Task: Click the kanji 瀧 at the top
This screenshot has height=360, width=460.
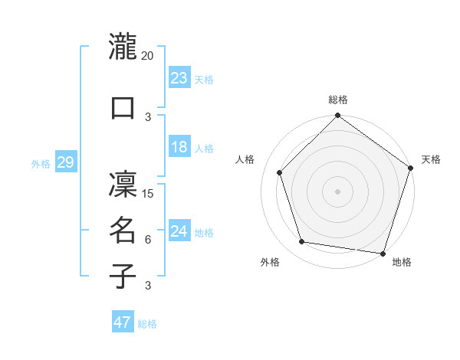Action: (x=123, y=47)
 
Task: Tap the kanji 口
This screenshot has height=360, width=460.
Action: (x=123, y=107)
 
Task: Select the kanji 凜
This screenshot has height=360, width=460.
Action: (x=123, y=183)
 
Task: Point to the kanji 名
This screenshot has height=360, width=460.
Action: (x=123, y=231)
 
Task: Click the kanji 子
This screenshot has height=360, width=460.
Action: (x=123, y=276)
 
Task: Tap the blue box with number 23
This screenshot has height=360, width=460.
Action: (x=179, y=78)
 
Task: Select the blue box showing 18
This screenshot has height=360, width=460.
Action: (x=179, y=147)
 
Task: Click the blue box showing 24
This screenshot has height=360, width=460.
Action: (x=179, y=231)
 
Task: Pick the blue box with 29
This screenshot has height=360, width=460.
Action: (x=66, y=162)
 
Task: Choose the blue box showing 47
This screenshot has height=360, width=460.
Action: (x=123, y=322)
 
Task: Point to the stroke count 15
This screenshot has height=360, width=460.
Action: (x=149, y=193)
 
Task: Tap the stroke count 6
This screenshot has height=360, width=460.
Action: (x=148, y=240)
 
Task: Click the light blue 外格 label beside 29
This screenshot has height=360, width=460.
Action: (x=41, y=164)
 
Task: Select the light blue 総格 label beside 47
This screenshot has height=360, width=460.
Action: (x=147, y=324)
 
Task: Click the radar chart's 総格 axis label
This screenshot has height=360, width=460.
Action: (x=337, y=100)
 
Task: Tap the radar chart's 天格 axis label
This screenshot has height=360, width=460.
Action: (x=431, y=159)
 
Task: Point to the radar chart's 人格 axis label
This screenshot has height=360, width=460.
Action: (x=245, y=159)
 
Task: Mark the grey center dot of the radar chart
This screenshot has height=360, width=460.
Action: (x=337, y=190)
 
